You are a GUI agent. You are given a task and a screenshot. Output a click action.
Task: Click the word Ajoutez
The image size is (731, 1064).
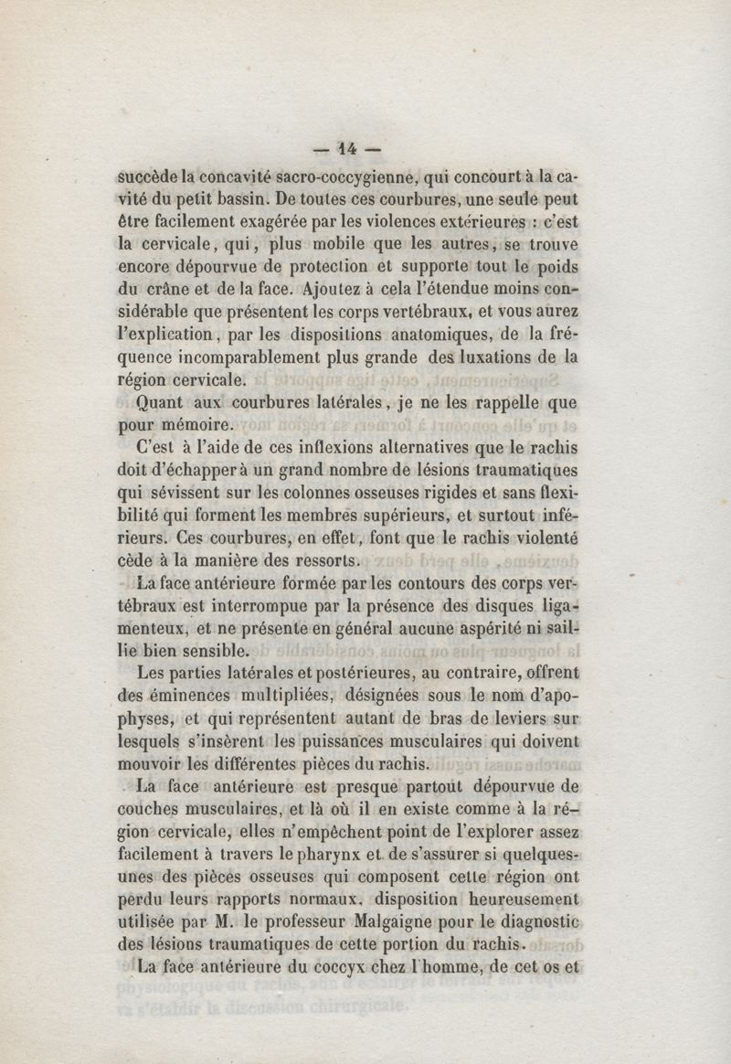click(344, 291)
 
